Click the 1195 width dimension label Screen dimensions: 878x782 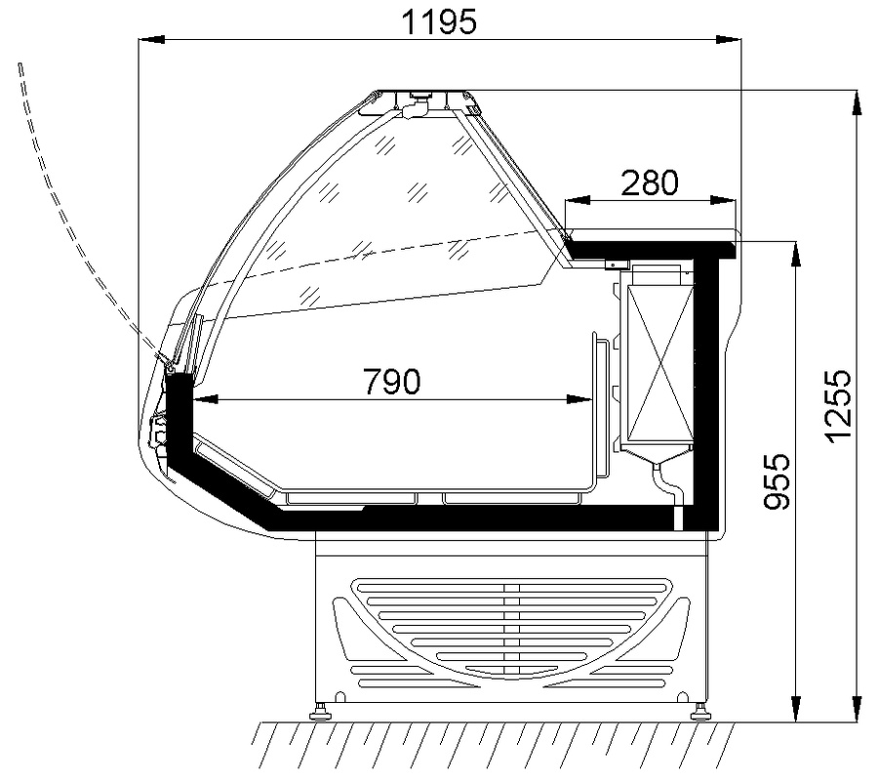tap(440, 22)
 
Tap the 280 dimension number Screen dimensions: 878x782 tap(650, 183)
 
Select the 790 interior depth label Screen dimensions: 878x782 tap(392, 382)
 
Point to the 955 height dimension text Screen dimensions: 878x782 tap(778, 481)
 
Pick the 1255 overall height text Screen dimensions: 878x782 tap(839, 406)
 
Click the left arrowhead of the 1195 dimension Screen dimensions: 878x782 tap(152, 39)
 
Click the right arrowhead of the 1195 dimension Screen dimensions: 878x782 tap(728, 39)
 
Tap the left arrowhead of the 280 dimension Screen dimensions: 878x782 tap(578, 200)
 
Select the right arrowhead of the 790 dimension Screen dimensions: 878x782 tap(579, 399)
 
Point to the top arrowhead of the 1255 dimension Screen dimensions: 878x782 tap(857, 103)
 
